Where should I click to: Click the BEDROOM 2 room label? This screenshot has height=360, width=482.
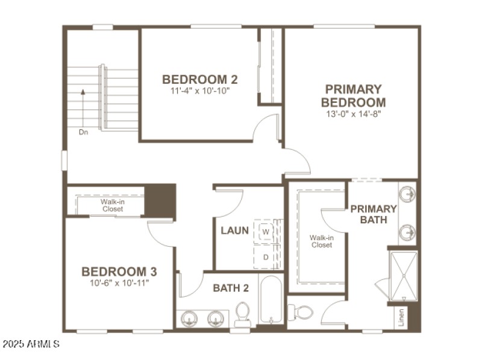pyautogui.click(x=200, y=79)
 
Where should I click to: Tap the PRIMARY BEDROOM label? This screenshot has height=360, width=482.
pyautogui.click(x=353, y=96)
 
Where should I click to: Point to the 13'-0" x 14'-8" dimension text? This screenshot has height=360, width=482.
pyautogui.click(x=353, y=113)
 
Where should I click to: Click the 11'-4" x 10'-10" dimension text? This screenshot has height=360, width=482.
pyautogui.click(x=200, y=91)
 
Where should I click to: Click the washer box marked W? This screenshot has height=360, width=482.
pyautogui.click(x=266, y=231)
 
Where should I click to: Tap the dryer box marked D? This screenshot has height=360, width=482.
pyautogui.click(x=266, y=257)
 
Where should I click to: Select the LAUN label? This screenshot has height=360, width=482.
pyautogui.click(x=235, y=231)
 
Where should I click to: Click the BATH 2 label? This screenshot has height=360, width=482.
pyautogui.click(x=231, y=288)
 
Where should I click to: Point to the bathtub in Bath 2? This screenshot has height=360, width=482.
pyautogui.click(x=271, y=300)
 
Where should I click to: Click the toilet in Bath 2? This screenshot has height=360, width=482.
pyautogui.click(x=242, y=314)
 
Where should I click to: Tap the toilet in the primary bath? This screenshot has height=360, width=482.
pyautogui.click(x=301, y=312)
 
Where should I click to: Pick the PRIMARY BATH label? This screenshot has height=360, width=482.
pyautogui.click(x=374, y=214)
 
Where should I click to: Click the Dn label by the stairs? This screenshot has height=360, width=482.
pyautogui.click(x=83, y=132)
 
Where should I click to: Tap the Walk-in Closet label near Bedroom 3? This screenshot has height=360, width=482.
pyautogui.click(x=113, y=205)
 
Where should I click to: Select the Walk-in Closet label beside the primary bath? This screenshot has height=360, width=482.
pyautogui.click(x=322, y=241)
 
